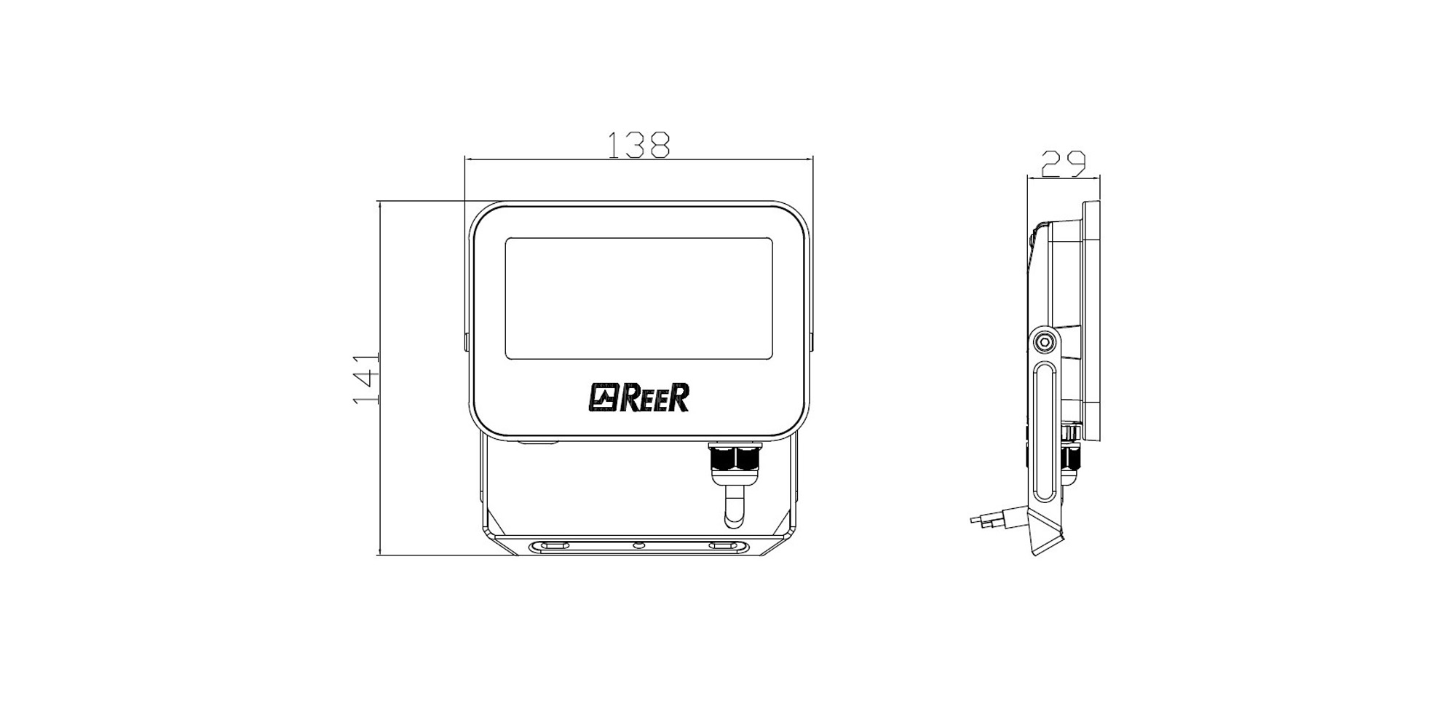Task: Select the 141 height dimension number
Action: (x=365, y=380)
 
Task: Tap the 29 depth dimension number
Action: (x=1064, y=163)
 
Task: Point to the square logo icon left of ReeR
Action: (x=604, y=398)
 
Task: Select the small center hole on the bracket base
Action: (x=638, y=545)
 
